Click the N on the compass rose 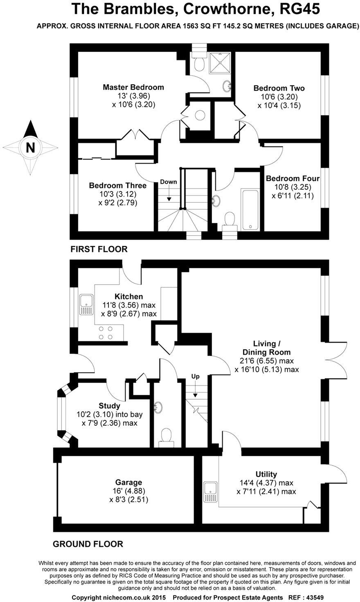click(30, 147)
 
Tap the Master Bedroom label click(133, 87)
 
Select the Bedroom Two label click(279, 88)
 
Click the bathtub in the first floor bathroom click(250, 209)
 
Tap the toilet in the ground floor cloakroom click(166, 436)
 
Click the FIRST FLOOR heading click(99, 249)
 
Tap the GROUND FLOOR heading click(88, 544)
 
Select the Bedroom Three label click(118, 185)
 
